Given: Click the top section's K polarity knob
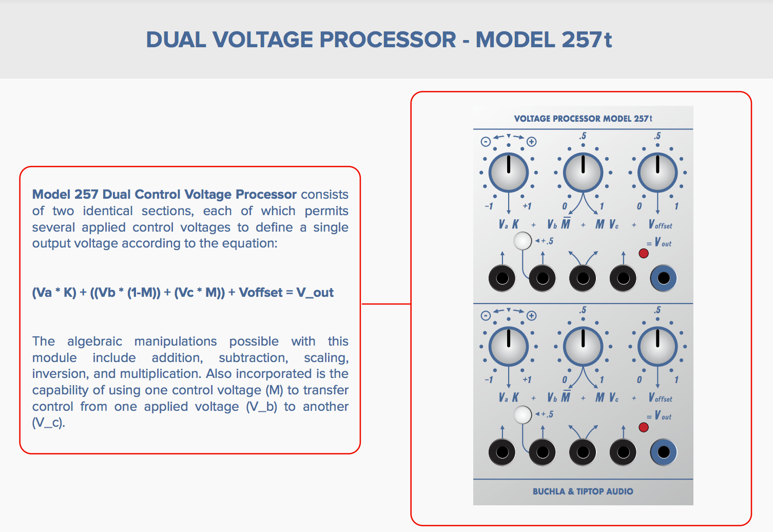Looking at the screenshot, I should pos(508,173).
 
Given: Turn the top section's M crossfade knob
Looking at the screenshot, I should pos(583,173).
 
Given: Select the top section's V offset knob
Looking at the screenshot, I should pos(658,173).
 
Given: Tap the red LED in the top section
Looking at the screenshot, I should pos(644,253).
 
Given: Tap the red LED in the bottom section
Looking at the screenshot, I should pos(644,427).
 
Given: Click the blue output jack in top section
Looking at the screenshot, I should pos(663,278).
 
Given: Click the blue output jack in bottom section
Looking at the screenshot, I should pos(663,452).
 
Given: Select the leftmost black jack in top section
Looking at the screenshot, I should pos(502,278).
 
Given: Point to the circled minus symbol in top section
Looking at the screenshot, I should pos(485,142).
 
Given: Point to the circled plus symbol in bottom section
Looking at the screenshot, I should pos(532,316).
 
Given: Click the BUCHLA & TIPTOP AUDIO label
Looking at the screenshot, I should pos(583,491).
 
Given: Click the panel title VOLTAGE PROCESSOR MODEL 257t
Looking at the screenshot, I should pos(583,119).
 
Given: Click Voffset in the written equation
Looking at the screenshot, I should pos(261,293).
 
